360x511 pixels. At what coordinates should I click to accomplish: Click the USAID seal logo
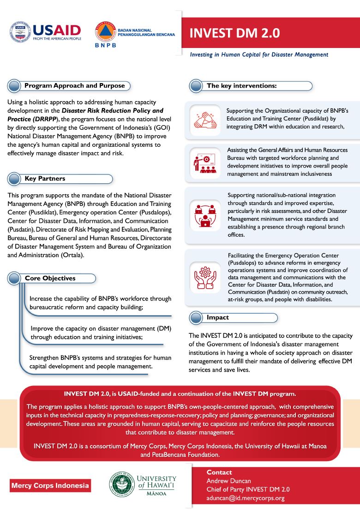[x=20, y=31]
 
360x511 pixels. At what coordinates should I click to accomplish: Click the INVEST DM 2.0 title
[x=234, y=33]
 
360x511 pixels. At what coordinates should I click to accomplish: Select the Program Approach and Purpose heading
[x=74, y=85]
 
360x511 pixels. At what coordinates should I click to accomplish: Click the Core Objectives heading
[x=50, y=278]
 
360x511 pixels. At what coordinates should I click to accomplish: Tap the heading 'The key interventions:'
[x=241, y=86]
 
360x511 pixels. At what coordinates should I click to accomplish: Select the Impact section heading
[x=217, y=318]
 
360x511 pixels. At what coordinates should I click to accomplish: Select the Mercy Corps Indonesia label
[x=50, y=486]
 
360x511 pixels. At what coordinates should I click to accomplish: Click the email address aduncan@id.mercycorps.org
[x=245, y=498]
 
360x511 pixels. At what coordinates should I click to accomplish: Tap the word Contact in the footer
[x=219, y=472]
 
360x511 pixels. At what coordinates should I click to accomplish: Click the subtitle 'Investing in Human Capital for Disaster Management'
[x=259, y=54]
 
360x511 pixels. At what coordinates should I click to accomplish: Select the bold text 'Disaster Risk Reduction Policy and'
[x=113, y=110]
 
